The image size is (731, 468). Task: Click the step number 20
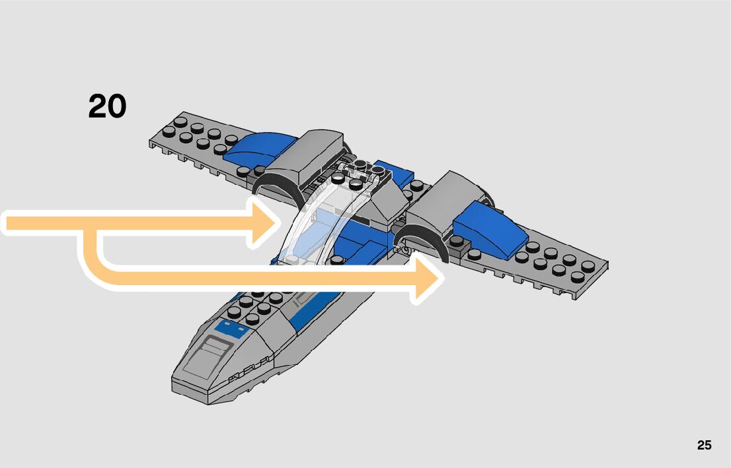[x=107, y=106]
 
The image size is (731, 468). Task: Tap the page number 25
[x=704, y=446]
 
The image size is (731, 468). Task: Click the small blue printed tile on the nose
[x=227, y=326]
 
